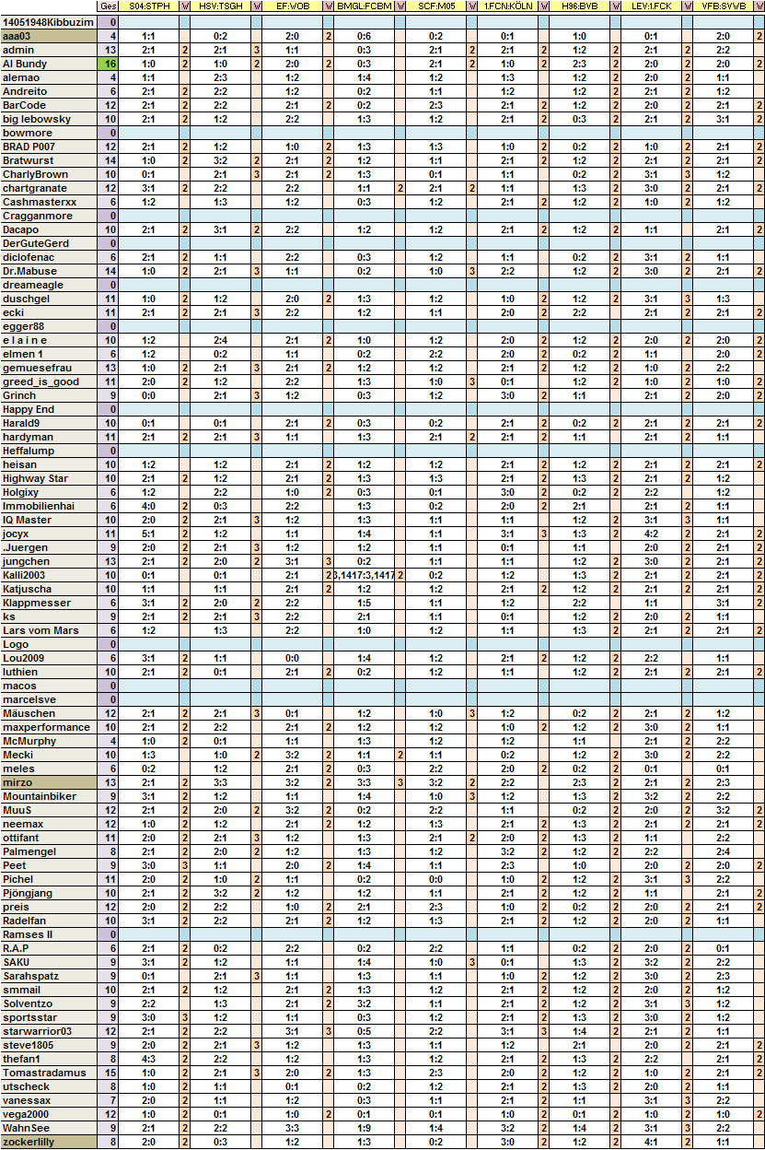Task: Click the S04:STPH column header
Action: click(x=148, y=6)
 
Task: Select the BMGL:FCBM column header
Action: click(x=365, y=6)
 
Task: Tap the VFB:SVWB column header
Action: click(x=724, y=6)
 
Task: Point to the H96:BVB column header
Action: click(x=580, y=6)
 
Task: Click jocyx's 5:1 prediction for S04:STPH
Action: click(x=148, y=534)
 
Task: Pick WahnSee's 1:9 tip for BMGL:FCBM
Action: click(x=365, y=1128)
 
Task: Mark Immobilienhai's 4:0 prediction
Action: click(x=148, y=506)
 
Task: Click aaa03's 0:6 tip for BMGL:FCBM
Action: click(x=365, y=35)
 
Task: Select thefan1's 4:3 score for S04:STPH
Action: click(x=148, y=1059)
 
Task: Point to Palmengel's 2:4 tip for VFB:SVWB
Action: click(x=724, y=851)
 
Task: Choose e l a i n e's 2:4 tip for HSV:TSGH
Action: click(x=220, y=340)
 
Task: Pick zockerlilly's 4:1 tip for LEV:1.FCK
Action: click(x=651, y=1142)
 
